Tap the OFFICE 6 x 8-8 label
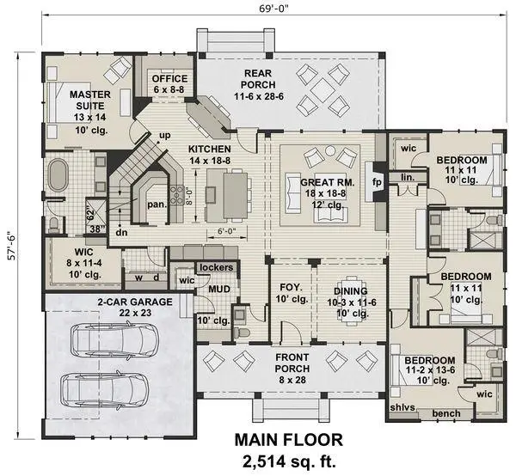pyautogui.click(x=169, y=83)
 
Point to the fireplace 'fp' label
pyautogui.click(x=376, y=182)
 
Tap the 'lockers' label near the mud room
pyautogui.click(x=216, y=267)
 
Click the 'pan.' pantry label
pyautogui.click(x=157, y=204)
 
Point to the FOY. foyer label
pyautogui.click(x=285, y=288)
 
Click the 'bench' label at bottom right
pyautogui.click(x=445, y=413)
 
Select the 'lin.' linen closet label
pyautogui.click(x=408, y=178)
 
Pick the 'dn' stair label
pyautogui.click(x=121, y=231)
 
